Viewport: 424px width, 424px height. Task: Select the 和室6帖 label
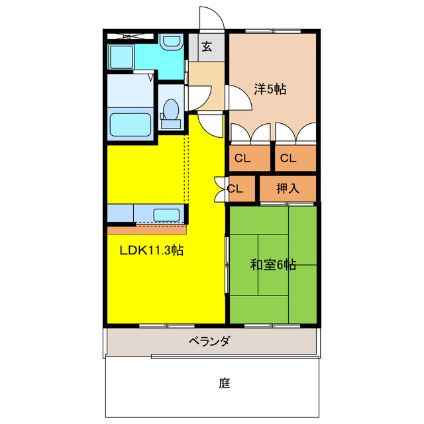click(x=273, y=265)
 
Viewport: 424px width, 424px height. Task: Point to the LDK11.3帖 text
click(x=151, y=251)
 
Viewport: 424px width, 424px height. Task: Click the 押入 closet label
click(x=288, y=188)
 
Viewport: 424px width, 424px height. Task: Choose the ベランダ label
click(x=209, y=342)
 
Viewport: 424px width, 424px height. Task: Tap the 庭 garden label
click(x=225, y=383)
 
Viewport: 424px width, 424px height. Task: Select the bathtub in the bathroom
click(x=131, y=123)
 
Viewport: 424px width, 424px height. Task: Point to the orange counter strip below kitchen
click(x=147, y=230)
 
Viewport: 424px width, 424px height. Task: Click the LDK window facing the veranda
click(x=166, y=325)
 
